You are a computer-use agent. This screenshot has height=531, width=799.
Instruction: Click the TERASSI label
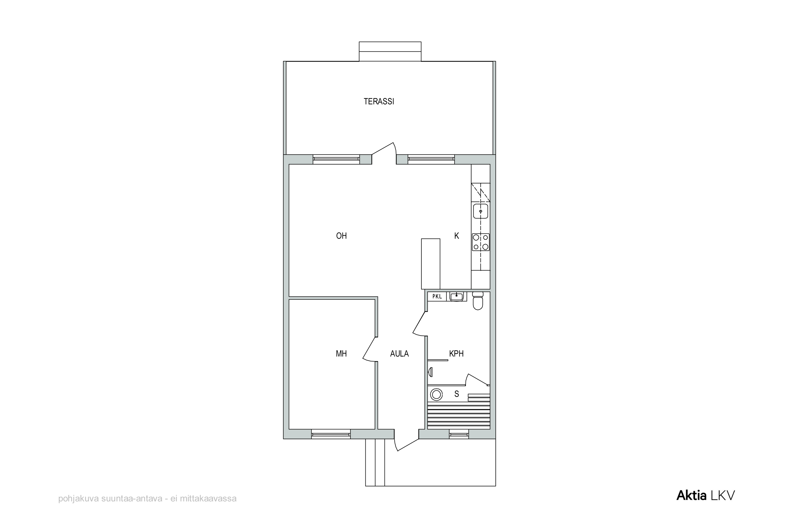tap(379, 101)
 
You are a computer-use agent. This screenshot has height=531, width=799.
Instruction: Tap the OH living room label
tap(341, 236)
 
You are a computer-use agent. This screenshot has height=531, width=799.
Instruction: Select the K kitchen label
tap(456, 236)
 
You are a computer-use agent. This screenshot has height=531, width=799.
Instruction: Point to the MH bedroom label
tap(341, 353)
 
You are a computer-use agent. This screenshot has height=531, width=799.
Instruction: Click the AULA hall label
tap(399, 353)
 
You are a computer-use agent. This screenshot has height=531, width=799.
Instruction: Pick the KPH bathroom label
tap(456, 353)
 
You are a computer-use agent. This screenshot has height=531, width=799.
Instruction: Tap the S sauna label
tap(456, 394)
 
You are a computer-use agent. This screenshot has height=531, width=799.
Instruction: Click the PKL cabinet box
tap(437, 296)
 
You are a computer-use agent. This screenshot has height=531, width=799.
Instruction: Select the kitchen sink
tap(480, 211)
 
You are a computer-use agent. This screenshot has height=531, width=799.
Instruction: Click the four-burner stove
tap(480, 242)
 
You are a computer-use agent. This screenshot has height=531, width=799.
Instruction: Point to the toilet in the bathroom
tap(478, 301)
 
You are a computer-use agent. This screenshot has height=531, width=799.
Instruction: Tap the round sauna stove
tap(437, 394)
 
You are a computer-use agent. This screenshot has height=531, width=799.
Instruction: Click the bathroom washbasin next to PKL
tap(456, 296)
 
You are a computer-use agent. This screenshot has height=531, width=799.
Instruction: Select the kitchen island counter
tap(430, 264)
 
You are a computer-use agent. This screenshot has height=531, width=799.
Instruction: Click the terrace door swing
tap(384, 153)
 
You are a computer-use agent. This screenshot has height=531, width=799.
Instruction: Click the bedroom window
tap(331, 434)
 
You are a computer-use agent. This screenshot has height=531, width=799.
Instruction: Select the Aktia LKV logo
tap(706, 495)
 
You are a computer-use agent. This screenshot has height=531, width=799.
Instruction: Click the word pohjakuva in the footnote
tap(78, 499)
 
